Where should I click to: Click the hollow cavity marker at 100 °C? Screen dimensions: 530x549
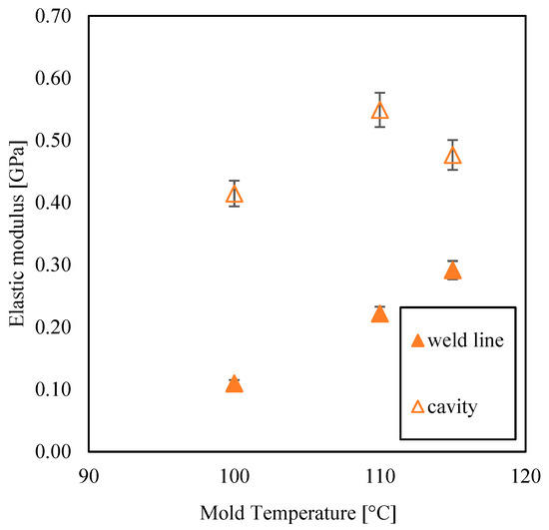235,195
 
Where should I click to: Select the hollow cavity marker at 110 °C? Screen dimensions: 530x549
379,111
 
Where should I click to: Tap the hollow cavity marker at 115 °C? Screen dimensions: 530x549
452,156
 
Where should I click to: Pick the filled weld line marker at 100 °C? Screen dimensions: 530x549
235,384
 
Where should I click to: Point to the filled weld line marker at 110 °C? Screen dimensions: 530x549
379,314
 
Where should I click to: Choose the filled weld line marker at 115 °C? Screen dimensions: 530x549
452,271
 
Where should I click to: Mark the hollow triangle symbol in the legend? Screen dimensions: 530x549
418,405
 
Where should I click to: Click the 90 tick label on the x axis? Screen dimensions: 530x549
89,476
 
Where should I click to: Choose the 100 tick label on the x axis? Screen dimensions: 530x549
235,476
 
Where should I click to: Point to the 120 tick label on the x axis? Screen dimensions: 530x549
525,476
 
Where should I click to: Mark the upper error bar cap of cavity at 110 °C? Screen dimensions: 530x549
379,93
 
